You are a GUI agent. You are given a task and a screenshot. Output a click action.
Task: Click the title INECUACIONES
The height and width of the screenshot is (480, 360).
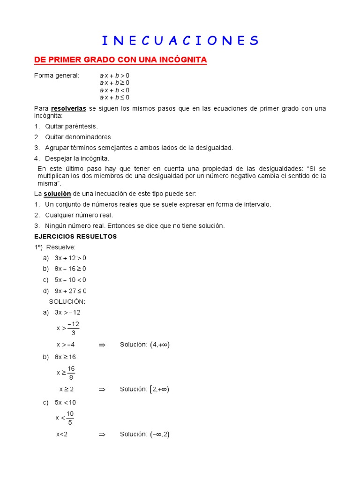click(x=180, y=40)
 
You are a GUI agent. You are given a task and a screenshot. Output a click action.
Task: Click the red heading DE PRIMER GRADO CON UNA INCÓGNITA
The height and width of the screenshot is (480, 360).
click(x=120, y=60)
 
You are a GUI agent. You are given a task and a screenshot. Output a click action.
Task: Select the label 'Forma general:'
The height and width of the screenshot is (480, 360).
click(x=57, y=75)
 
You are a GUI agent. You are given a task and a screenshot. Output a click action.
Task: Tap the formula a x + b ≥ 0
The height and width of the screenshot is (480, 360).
click(x=114, y=82)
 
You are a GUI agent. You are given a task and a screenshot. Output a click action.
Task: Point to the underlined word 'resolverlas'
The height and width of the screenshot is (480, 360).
click(x=68, y=108)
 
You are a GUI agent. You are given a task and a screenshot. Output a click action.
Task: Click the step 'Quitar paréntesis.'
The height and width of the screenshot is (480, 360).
click(x=71, y=126)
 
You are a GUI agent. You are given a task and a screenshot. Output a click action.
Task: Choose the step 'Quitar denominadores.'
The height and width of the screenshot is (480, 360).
click(x=79, y=137)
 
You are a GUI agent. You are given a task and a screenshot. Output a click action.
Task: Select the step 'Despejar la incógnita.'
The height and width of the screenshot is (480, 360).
click(x=77, y=158)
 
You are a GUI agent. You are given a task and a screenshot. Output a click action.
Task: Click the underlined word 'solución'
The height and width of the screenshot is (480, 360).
click(x=57, y=194)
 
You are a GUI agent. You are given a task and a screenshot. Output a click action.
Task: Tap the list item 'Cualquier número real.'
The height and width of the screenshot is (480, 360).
click(x=79, y=215)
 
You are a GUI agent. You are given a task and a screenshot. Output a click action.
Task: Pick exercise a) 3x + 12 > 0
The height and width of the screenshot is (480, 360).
click(x=70, y=258)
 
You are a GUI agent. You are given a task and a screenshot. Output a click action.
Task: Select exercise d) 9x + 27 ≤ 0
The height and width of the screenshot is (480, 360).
click(x=70, y=291)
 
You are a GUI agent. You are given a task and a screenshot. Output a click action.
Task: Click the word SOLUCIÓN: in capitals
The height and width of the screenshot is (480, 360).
click(x=67, y=301)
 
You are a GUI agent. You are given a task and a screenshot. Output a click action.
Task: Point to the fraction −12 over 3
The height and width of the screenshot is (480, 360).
click(x=73, y=329)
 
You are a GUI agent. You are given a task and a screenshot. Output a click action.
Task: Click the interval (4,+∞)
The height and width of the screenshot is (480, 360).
click(x=160, y=345)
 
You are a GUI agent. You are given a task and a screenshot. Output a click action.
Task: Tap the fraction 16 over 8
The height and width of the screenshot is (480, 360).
click(x=71, y=373)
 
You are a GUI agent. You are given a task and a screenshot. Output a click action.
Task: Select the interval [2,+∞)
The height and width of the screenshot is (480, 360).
click(x=159, y=389)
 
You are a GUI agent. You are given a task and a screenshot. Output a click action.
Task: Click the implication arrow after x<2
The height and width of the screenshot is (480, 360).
click(x=102, y=435)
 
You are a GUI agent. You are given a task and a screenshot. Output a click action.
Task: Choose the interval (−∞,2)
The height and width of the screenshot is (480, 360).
click(x=160, y=435)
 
